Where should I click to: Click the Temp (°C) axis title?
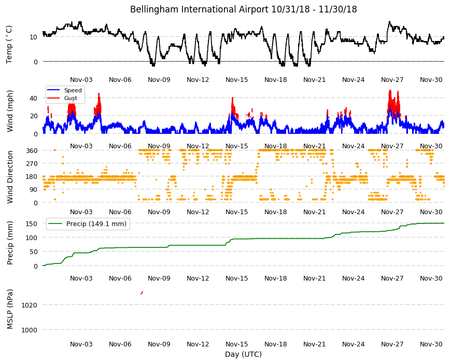pyautogui.click(x=9, y=44)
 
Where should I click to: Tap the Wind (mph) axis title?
pyautogui.click(x=10, y=111)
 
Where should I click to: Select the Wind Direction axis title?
pyautogui.click(x=10, y=177)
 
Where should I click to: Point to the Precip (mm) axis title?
pyautogui.click(x=10, y=243)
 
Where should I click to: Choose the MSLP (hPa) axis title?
pyautogui.click(x=10, y=309)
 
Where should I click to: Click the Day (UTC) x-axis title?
pyautogui.click(x=243, y=354)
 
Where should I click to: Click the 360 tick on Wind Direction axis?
pyautogui.click(x=32, y=150)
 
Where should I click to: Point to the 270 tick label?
pyautogui.click(x=32, y=164)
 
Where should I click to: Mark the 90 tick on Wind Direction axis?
pyautogui.click(x=34, y=190)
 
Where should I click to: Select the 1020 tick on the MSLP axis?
pyautogui.click(x=30, y=305)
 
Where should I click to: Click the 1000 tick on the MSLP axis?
pyautogui.click(x=30, y=330)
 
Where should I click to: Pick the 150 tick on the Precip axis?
pyautogui.click(x=32, y=224)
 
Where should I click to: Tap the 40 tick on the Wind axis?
pyautogui.click(x=34, y=99)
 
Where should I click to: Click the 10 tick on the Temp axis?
pyautogui.click(x=34, y=37)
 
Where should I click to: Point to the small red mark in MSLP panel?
pyautogui.click(x=142, y=293)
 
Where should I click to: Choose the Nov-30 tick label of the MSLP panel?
pyautogui.click(x=431, y=344)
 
